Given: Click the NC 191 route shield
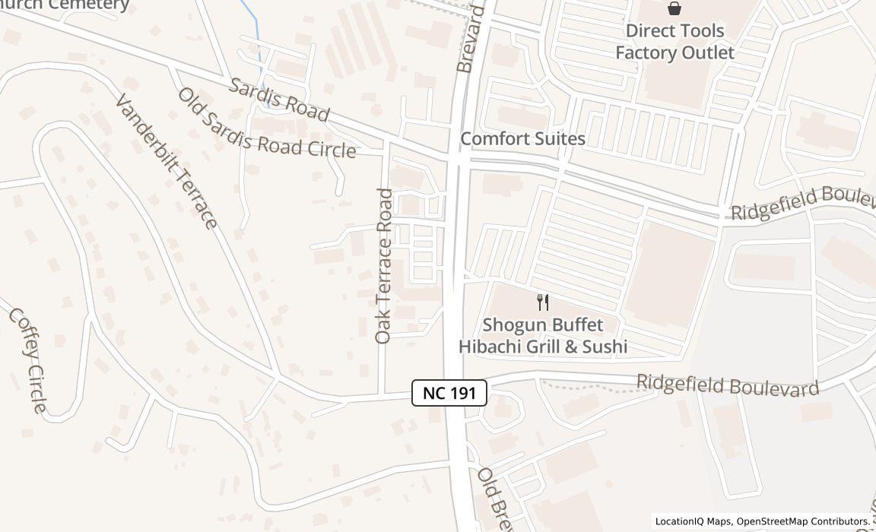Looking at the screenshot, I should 449,393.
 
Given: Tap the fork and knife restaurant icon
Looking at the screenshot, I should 543,302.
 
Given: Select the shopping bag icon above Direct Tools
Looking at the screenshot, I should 674,8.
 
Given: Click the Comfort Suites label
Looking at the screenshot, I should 522,138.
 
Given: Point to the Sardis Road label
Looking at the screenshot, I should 279,100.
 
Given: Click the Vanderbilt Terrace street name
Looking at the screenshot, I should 167,160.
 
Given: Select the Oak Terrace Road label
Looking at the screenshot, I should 384,266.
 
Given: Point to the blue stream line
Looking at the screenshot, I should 256,38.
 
